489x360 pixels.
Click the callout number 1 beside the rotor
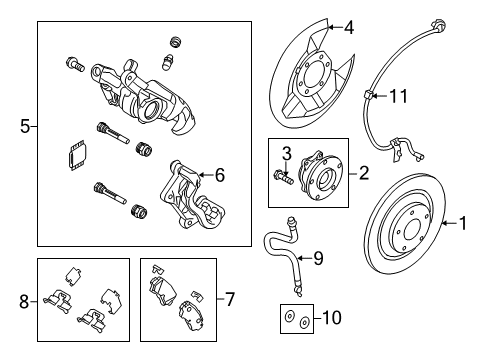(463, 223)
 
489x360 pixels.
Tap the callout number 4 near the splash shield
(349, 28)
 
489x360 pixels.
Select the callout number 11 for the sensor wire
(398, 96)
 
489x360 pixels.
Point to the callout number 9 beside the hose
(318, 258)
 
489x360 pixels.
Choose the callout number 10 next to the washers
(332, 318)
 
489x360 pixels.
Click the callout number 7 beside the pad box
(230, 299)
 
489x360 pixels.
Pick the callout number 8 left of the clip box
(24, 302)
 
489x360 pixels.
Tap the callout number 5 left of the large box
(25, 127)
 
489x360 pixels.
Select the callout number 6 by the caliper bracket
(220, 175)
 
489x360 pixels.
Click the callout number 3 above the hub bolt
(287, 154)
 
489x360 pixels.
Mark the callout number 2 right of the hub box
(364, 173)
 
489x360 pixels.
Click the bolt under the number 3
(283, 177)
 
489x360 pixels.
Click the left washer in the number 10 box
(289, 316)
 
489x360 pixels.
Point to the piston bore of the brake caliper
(152, 109)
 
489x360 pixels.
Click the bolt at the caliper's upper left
(75, 64)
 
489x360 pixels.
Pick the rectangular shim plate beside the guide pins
(77, 155)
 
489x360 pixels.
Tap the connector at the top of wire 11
(438, 27)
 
